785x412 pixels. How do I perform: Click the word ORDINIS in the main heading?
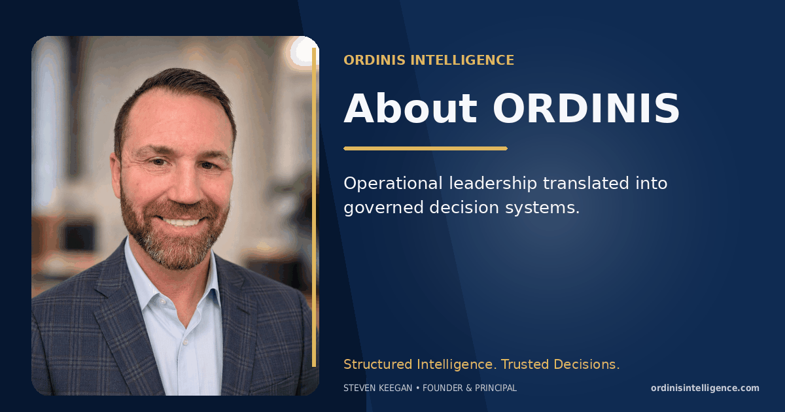(x=586, y=109)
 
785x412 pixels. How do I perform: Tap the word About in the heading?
(x=410, y=109)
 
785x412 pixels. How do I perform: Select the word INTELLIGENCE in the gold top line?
(x=462, y=60)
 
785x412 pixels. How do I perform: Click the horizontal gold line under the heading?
(x=425, y=148)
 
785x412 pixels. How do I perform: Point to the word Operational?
(x=393, y=184)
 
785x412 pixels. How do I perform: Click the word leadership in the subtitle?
(x=493, y=184)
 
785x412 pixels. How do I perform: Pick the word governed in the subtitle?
(x=383, y=208)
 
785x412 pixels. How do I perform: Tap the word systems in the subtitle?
(x=542, y=208)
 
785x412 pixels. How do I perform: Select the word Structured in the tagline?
(x=378, y=364)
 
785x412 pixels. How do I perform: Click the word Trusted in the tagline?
(x=525, y=364)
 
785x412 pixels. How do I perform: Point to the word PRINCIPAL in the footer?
(x=496, y=388)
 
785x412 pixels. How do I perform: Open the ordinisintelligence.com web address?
(x=705, y=388)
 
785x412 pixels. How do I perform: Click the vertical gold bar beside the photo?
(x=314, y=207)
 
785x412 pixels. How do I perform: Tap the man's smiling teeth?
(x=180, y=222)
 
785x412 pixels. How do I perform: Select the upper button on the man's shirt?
(x=162, y=301)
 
